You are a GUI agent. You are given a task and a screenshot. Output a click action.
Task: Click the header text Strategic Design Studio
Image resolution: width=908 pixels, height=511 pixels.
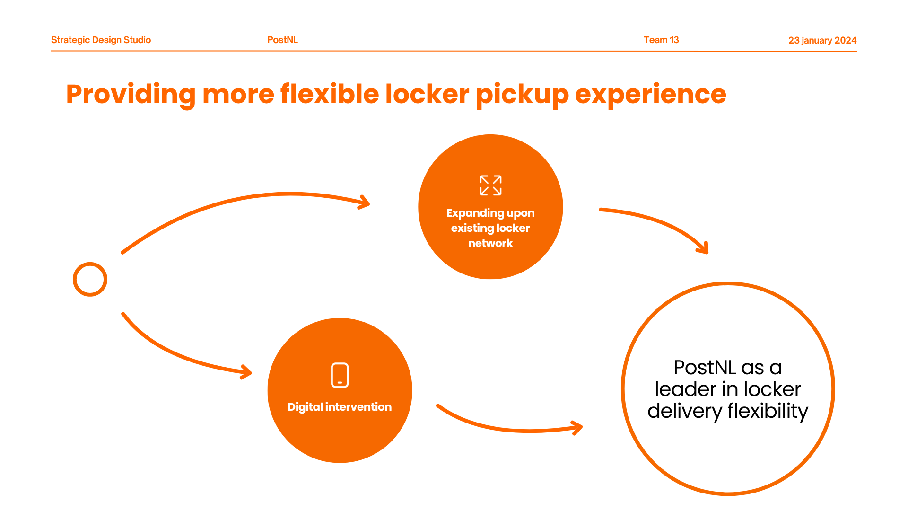(101, 40)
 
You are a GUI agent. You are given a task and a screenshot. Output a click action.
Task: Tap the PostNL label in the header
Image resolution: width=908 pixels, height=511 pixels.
(282, 40)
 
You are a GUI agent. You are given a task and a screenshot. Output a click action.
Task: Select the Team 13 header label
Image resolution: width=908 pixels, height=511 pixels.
(661, 40)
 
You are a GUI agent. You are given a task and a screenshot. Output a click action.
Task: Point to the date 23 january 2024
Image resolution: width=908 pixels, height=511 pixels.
(822, 41)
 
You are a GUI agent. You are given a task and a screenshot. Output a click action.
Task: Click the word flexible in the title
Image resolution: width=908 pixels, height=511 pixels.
(329, 94)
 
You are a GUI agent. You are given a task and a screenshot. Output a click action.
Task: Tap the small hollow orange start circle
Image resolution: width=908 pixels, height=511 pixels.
(90, 279)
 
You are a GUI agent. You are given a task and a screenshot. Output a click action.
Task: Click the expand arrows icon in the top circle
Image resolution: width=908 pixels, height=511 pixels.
(490, 185)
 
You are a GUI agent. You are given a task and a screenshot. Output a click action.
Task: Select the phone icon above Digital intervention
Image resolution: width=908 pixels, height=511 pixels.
(340, 375)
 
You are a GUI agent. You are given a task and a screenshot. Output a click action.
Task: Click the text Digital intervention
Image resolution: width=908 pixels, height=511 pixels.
(340, 407)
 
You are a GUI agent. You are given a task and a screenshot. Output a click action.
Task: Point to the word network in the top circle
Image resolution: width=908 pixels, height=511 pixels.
(490, 243)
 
